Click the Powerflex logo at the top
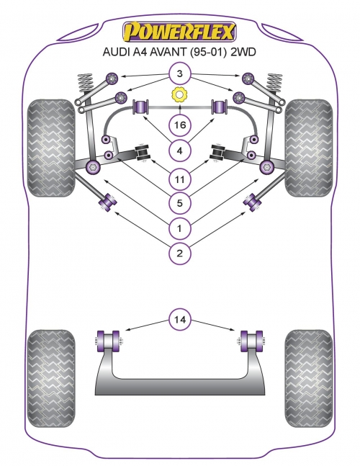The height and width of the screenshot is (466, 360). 179,32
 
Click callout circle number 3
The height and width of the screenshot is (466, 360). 179,73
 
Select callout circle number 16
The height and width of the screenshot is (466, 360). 179,125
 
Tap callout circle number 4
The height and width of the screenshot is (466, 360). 179,151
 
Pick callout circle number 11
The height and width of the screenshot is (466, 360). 179,179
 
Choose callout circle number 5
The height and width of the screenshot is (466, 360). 179,203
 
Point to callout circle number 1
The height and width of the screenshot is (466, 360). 179,228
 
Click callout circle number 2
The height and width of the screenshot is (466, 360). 179,254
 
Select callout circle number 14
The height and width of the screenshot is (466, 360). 179,320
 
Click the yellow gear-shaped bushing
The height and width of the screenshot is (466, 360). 179,95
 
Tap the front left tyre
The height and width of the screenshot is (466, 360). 51,148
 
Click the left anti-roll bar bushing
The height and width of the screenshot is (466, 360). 141,107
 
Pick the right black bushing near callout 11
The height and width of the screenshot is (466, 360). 219,153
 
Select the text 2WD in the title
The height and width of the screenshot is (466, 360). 243,52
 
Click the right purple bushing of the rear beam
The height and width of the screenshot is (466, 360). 251,341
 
